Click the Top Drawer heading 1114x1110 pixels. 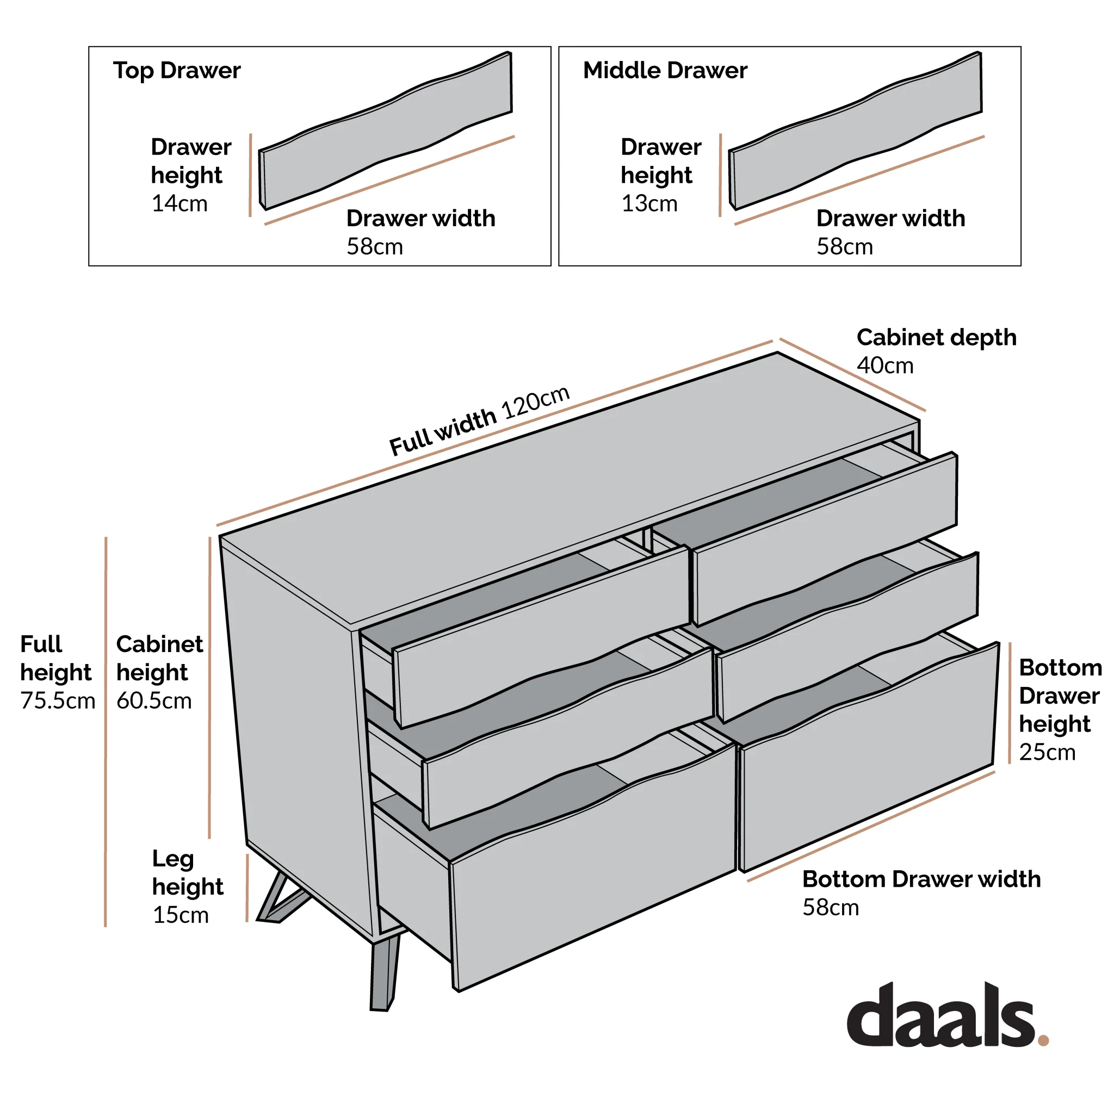tap(176, 70)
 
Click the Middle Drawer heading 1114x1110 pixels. tap(665, 70)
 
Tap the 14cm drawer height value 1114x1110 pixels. tap(180, 203)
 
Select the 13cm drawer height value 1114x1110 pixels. tap(649, 203)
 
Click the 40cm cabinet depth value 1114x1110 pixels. tap(885, 365)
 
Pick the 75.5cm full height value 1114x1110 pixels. tap(58, 700)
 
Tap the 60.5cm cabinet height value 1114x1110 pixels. tap(154, 700)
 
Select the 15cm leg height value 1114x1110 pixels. tap(181, 915)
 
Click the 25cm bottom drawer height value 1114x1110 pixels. tap(1047, 753)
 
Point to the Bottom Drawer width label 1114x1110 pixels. tap(921, 879)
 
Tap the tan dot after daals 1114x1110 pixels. tap(1043, 1040)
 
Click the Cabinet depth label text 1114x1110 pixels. tap(937, 337)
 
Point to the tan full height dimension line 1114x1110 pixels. tap(106, 733)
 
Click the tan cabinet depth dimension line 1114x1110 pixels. tap(852, 375)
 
